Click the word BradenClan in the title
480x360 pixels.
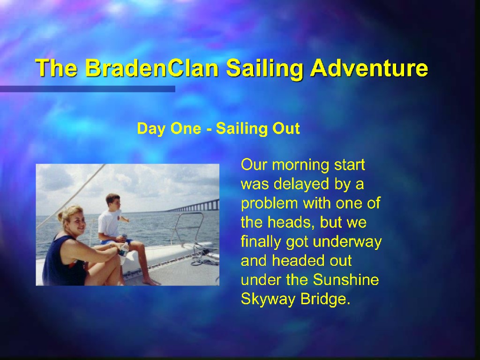[151, 68]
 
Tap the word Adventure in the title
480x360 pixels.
[369, 68]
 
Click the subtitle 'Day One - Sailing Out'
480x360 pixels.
[218, 128]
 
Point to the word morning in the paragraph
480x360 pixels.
[300, 165]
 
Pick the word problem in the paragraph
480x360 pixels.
[270, 204]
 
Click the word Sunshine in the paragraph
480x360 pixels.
[346, 280]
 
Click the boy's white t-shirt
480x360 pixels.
[109, 223]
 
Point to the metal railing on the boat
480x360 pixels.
[187, 228]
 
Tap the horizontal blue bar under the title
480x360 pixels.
[88, 89]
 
